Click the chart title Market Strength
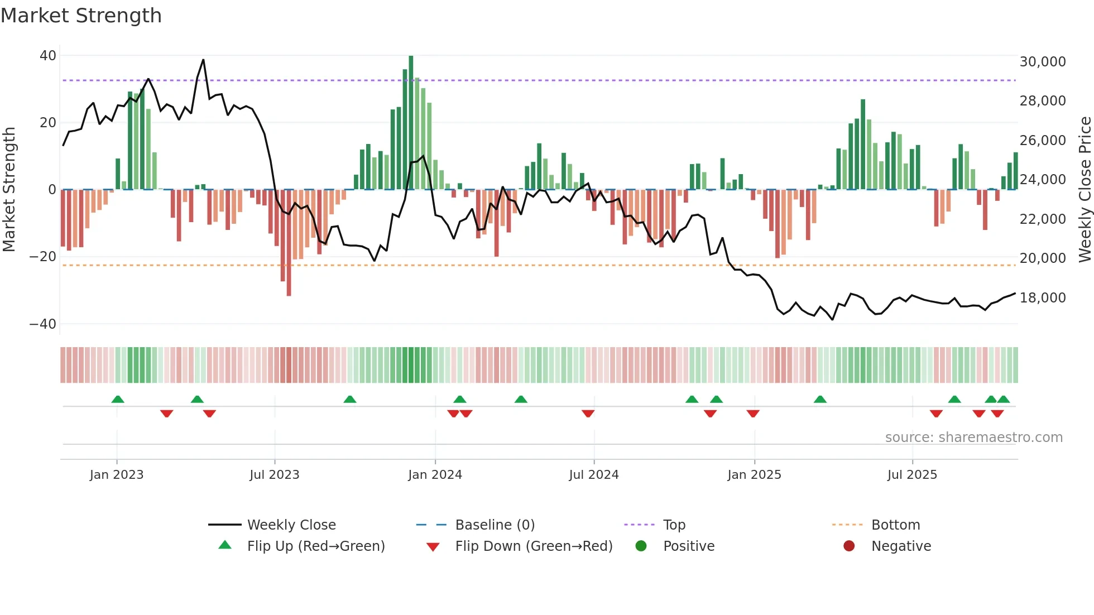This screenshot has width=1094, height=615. pos(81,16)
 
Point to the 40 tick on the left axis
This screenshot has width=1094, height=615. pos(48,56)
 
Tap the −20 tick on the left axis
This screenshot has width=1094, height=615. pos(43,257)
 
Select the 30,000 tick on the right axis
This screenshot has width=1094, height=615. pos(1042,62)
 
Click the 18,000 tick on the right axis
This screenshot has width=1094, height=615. pos(1042,298)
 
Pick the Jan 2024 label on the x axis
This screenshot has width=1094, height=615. pos(435,475)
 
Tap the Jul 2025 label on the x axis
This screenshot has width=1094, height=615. pos(912,475)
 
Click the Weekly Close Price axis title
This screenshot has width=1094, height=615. pos(1085,190)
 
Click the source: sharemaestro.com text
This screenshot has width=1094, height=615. pos(973,438)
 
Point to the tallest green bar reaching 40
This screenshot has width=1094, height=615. pos(411,123)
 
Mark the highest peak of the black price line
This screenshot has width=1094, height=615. pos(203,60)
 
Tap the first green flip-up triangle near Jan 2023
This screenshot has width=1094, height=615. pos(118,399)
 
